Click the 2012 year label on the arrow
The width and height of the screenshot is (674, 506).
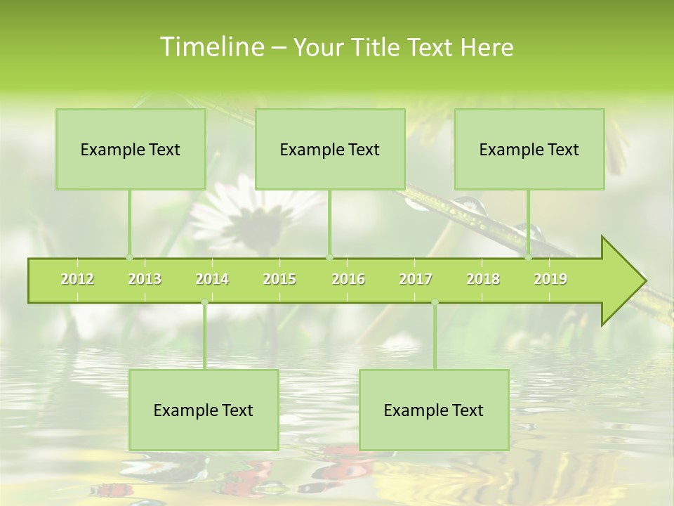(77, 279)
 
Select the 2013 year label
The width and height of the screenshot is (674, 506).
(145, 279)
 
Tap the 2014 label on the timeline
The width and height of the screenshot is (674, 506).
(212, 279)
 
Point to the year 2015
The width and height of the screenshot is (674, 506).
(279, 279)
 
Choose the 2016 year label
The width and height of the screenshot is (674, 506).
(348, 279)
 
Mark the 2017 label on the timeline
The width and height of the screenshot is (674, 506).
(416, 279)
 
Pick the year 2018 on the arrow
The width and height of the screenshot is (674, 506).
(483, 279)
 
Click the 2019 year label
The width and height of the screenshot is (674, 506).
(550, 279)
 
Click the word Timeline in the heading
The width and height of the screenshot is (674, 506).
(211, 47)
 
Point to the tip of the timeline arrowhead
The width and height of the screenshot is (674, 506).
(645, 281)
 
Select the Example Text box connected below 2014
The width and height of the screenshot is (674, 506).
(204, 410)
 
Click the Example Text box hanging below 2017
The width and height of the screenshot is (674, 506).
(434, 410)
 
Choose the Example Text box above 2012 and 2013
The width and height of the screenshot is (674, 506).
(131, 149)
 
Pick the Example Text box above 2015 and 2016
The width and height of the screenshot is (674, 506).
(330, 149)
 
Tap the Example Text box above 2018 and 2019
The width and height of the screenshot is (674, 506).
(529, 149)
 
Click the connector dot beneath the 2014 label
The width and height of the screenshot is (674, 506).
(204, 303)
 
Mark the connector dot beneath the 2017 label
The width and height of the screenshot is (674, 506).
(435, 303)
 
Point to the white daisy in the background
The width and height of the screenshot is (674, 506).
(246, 211)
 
